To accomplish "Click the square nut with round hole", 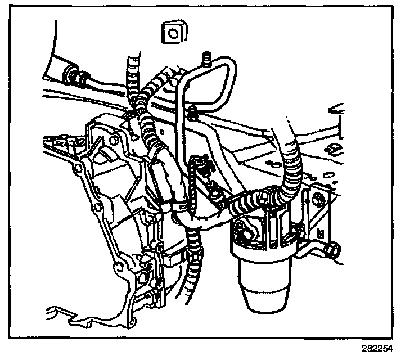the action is click(174, 33).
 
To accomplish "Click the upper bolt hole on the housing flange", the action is click(115, 140).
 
